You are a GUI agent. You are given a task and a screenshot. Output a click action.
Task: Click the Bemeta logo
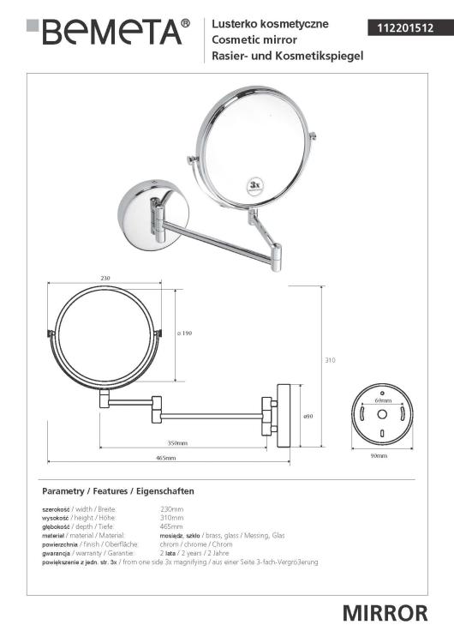pyautogui.click(x=108, y=31)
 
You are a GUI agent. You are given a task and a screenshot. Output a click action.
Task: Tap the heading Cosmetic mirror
pyautogui.click(x=254, y=39)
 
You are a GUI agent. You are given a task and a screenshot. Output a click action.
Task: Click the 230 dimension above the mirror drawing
pyautogui.click(x=105, y=278)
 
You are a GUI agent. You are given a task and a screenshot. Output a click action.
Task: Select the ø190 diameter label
pyautogui.click(x=184, y=333)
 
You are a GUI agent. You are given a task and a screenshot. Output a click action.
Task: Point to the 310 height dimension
pyautogui.click(x=330, y=360)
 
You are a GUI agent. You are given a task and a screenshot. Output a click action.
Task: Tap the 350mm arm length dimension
pyautogui.click(x=177, y=443)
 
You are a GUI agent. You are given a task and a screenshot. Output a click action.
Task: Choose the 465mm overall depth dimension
pyautogui.click(x=166, y=458)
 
